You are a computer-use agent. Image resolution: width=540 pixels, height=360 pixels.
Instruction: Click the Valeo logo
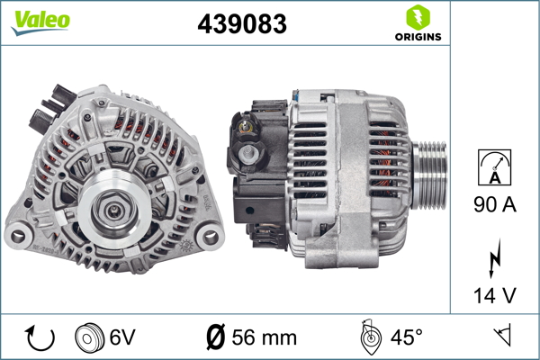coord(40,22)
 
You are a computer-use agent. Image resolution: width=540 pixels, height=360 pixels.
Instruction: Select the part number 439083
coord(242,23)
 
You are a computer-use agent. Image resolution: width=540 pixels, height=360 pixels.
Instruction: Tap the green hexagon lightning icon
coord(418,17)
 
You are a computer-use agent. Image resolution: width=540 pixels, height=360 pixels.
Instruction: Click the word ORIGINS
coord(418,37)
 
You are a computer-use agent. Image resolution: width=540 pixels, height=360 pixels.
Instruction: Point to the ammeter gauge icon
coord(494,167)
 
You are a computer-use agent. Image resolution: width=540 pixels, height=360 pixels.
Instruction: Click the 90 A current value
coord(495,204)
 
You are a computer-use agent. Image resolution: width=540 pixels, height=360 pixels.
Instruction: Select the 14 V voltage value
coord(495,295)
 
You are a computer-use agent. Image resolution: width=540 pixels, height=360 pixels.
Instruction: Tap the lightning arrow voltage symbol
coord(494,258)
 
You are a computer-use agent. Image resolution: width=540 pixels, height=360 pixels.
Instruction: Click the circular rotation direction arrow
coord(40,337)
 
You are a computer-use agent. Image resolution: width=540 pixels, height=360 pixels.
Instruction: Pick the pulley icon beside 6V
coord(89,337)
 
